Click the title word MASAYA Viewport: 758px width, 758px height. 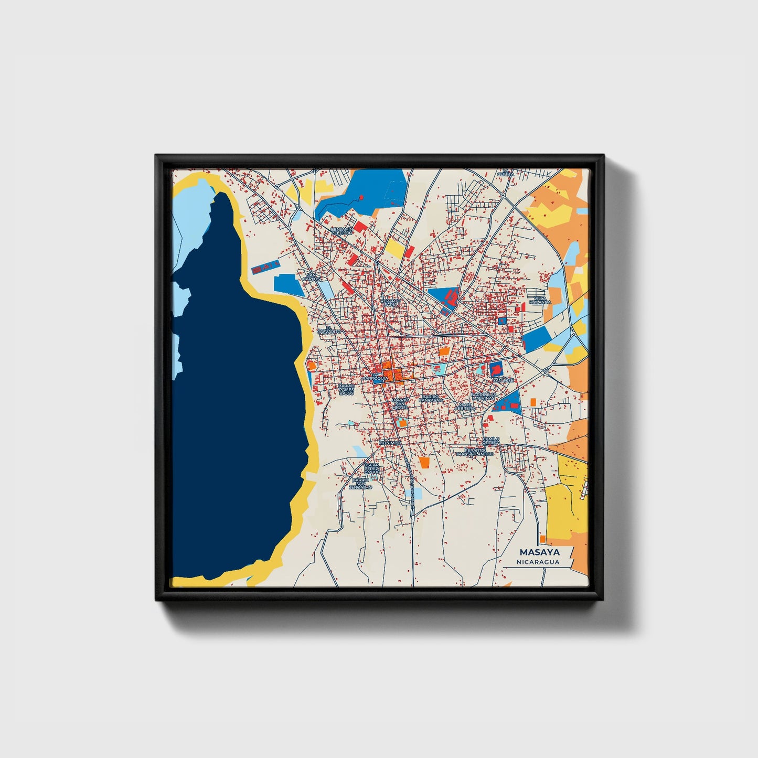pos(539,552)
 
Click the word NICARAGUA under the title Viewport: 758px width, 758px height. pos(538,562)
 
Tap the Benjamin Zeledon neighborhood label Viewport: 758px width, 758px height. pos(341,231)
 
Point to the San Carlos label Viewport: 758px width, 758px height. pos(312,276)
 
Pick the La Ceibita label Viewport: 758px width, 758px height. pos(506,173)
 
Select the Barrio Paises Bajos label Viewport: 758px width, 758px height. pos(346,389)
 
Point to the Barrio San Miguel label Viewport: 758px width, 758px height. pos(400,403)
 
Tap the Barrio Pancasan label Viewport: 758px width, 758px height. pos(431,399)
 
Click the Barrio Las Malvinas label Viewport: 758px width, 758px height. pos(483,397)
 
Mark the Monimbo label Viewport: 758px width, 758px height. pos(390,443)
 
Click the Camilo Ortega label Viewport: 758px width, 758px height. pos(492,441)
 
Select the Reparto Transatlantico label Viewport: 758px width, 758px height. pos(475,452)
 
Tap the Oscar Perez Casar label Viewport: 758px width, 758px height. pos(371,468)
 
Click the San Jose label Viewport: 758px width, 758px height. pos(503,380)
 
